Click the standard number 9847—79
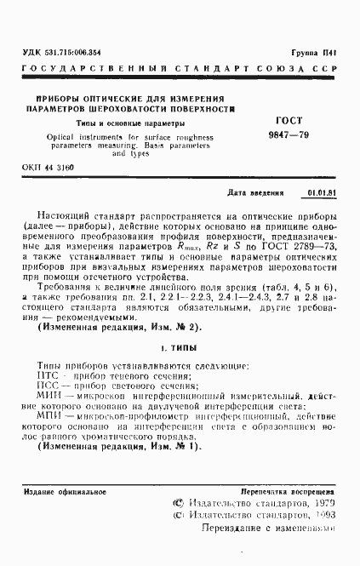pos(290,136)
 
